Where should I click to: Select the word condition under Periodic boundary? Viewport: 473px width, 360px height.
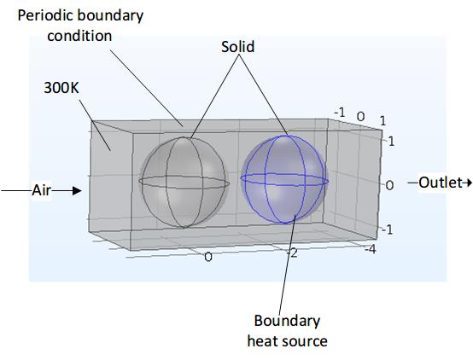pyautogui.click(x=79, y=36)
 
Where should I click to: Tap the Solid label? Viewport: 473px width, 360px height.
pyautogui.click(x=237, y=47)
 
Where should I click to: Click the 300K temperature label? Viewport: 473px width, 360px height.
pyautogui.click(x=61, y=88)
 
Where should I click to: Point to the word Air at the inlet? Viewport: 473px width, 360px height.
pyautogui.click(x=41, y=190)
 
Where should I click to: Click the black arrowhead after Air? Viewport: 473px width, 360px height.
pyautogui.click(x=77, y=190)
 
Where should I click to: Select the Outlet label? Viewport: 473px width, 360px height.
pyautogui.click(x=441, y=183)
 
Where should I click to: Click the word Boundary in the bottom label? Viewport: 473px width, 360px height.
pyautogui.click(x=287, y=321)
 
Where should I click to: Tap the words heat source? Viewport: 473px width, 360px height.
pyautogui.click(x=287, y=341)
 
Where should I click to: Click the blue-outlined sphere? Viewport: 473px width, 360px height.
pyautogui.click(x=284, y=179)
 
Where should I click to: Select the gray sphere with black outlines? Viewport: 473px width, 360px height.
pyautogui.click(x=184, y=182)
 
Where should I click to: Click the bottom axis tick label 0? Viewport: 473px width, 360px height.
pyautogui.click(x=208, y=257)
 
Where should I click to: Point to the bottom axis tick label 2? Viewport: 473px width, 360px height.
pyautogui.click(x=294, y=253)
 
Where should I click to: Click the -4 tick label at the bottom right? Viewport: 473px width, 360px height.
pyautogui.click(x=371, y=249)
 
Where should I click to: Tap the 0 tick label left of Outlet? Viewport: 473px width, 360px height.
pyautogui.click(x=389, y=185)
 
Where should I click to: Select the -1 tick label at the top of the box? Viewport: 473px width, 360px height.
pyautogui.click(x=340, y=113)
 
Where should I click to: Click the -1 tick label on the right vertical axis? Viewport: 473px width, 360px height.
pyautogui.click(x=387, y=229)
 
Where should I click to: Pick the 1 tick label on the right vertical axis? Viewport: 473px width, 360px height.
pyautogui.click(x=391, y=141)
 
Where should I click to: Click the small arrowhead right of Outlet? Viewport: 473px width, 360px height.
pyautogui.click(x=469, y=183)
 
